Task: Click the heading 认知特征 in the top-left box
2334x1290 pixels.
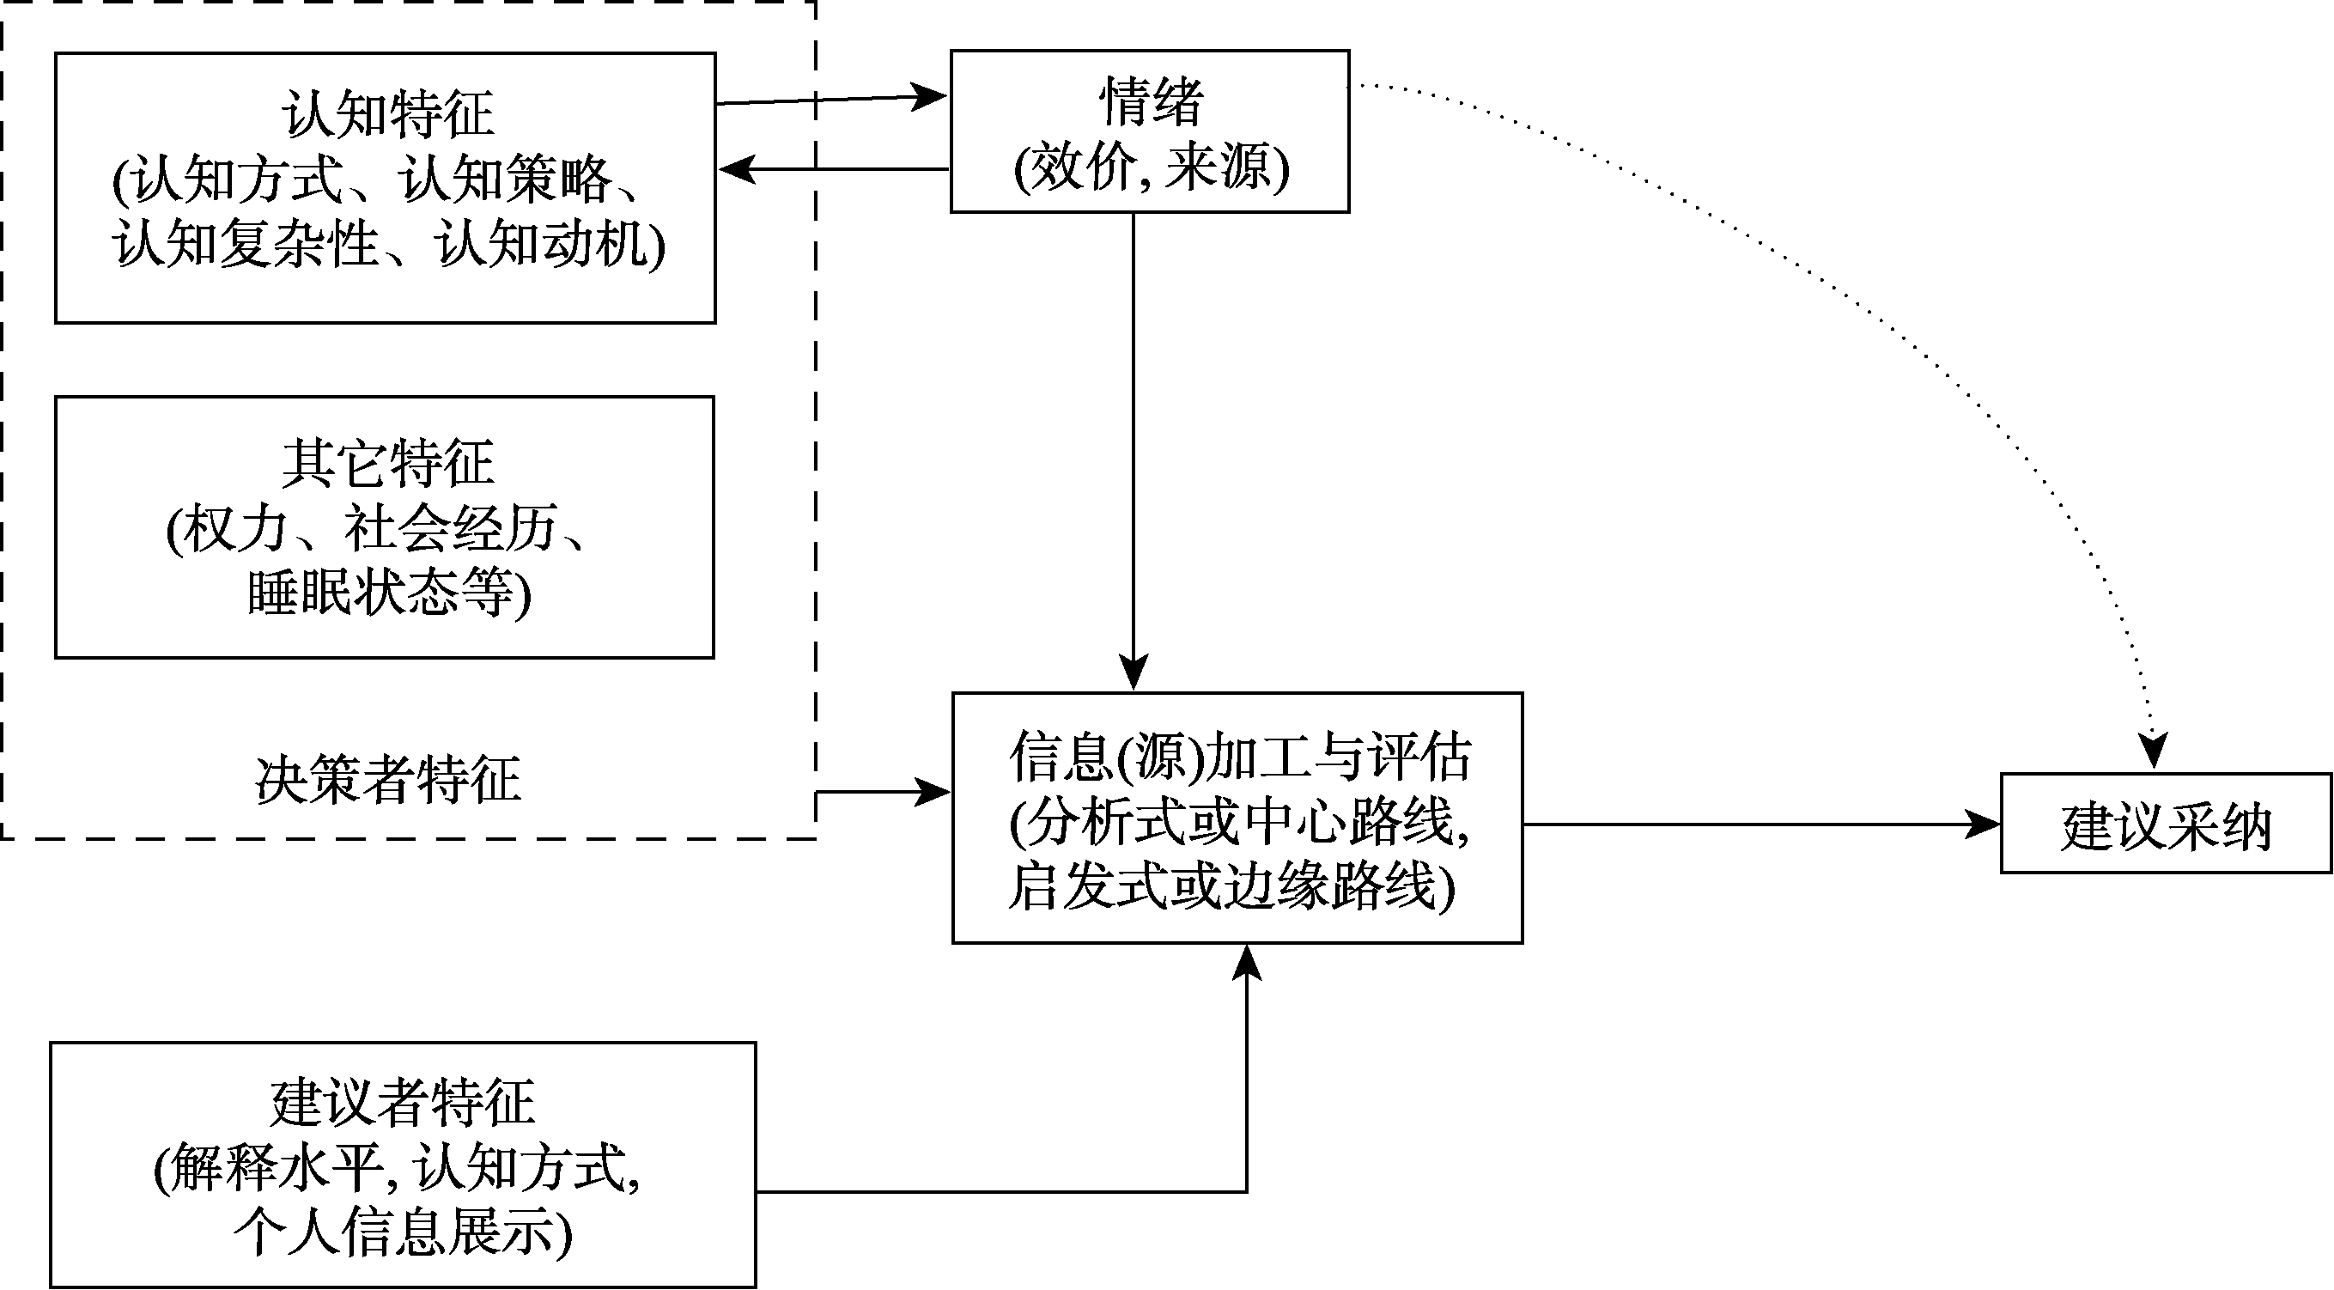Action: click(388, 115)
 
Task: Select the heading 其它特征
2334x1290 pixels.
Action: click(388, 463)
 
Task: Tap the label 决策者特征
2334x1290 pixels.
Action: click(388, 779)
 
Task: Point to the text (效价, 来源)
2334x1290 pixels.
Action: click(1151, 167)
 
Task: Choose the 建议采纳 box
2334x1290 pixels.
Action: click(2166, 825)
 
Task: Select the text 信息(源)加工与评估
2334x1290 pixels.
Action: click(1239, 757)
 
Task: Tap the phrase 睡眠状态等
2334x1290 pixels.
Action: click(388, 594)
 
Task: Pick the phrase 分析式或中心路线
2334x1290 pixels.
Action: click(1239, 822)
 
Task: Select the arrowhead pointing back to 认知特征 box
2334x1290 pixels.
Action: click(736, 168)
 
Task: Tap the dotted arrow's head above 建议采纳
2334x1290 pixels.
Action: click(2153, 751)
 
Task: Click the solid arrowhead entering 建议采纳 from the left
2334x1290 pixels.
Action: click(1985, 825)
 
